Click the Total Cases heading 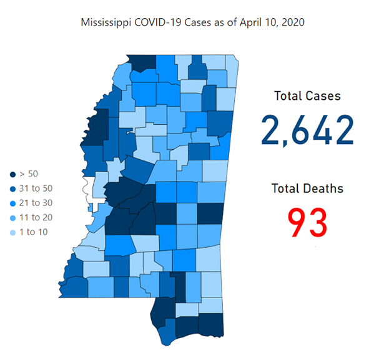(307, 96)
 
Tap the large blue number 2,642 (307, 130)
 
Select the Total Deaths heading (307, 188)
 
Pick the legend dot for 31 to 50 (12, 188)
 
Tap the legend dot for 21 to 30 (12, 203)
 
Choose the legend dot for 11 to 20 (12, 217)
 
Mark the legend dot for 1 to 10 (12, 232)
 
